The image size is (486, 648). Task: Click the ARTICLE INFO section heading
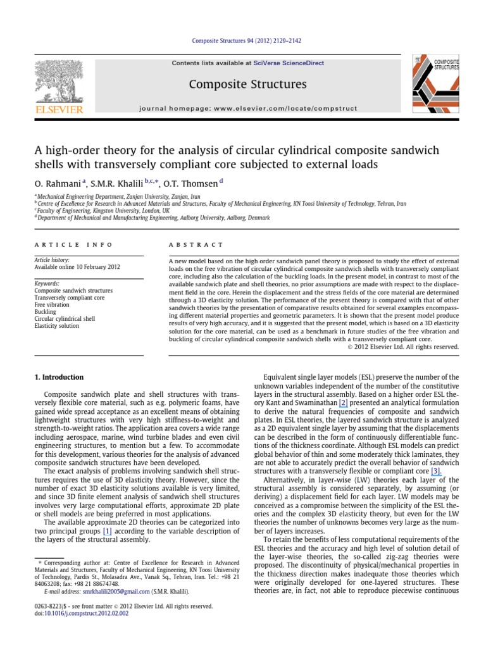click(x=73, y=245)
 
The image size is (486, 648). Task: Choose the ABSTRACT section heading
click(x=196, y=245)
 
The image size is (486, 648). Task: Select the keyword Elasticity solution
click(x=57, y=326)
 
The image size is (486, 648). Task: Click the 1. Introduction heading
click(x=58, y=377)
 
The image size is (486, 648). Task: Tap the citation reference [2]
click(x=343, y=402)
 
